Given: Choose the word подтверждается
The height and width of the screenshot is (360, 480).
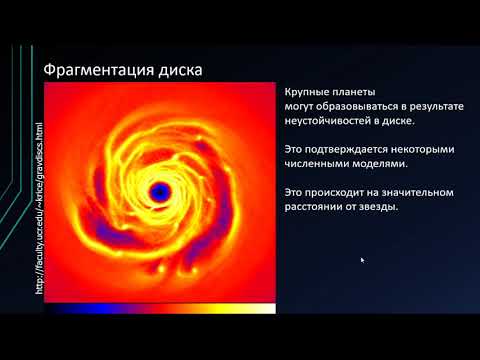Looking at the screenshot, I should tap(355, 149).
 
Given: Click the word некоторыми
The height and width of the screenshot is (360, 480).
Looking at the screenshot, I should tap(427, 149).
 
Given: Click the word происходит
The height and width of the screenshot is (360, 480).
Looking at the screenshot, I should tap(339, 192).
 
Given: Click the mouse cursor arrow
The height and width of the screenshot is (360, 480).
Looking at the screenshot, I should tap(362, 259).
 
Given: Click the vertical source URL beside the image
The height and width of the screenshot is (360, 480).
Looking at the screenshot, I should tap(39, 209).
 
